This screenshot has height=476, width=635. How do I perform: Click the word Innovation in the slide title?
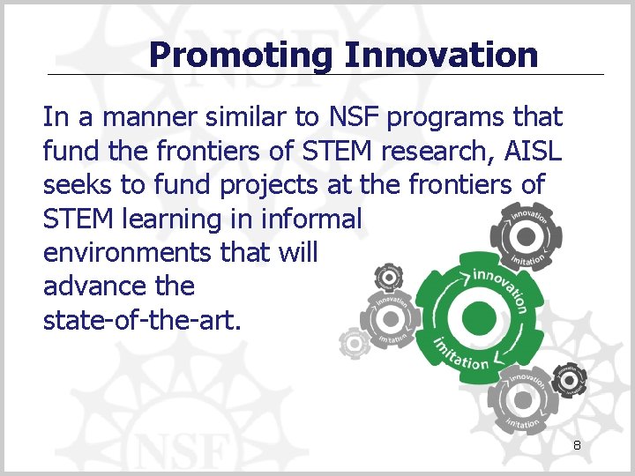(x=441, y=55)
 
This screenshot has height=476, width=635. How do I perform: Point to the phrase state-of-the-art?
(x=141, y=320)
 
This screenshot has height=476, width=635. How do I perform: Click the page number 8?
(x=577, y=446)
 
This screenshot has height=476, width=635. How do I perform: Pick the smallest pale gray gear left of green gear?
(x=355, y=341)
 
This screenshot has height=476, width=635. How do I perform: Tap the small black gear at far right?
(x=571, y=380)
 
